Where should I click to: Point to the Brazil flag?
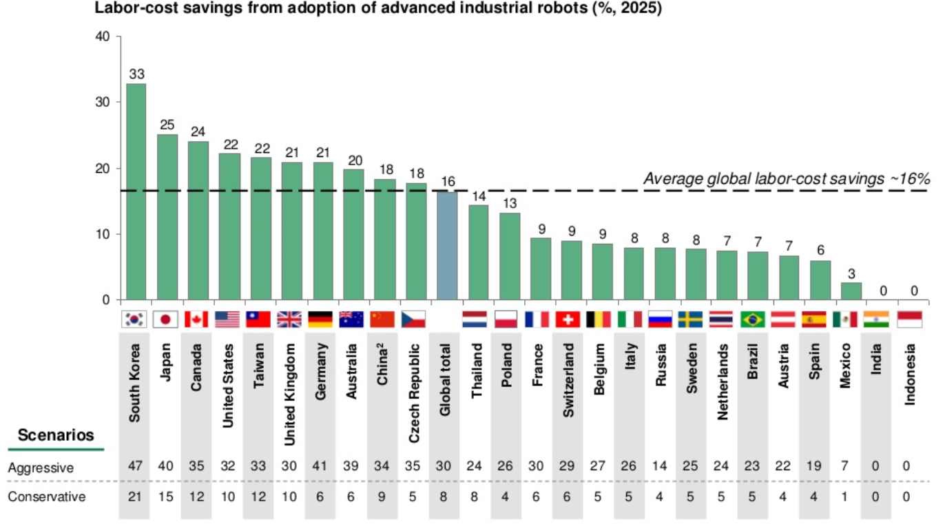753,319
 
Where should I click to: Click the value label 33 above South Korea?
136,73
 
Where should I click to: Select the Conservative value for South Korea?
136,496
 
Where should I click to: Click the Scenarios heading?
56,435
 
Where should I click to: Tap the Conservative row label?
47,496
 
